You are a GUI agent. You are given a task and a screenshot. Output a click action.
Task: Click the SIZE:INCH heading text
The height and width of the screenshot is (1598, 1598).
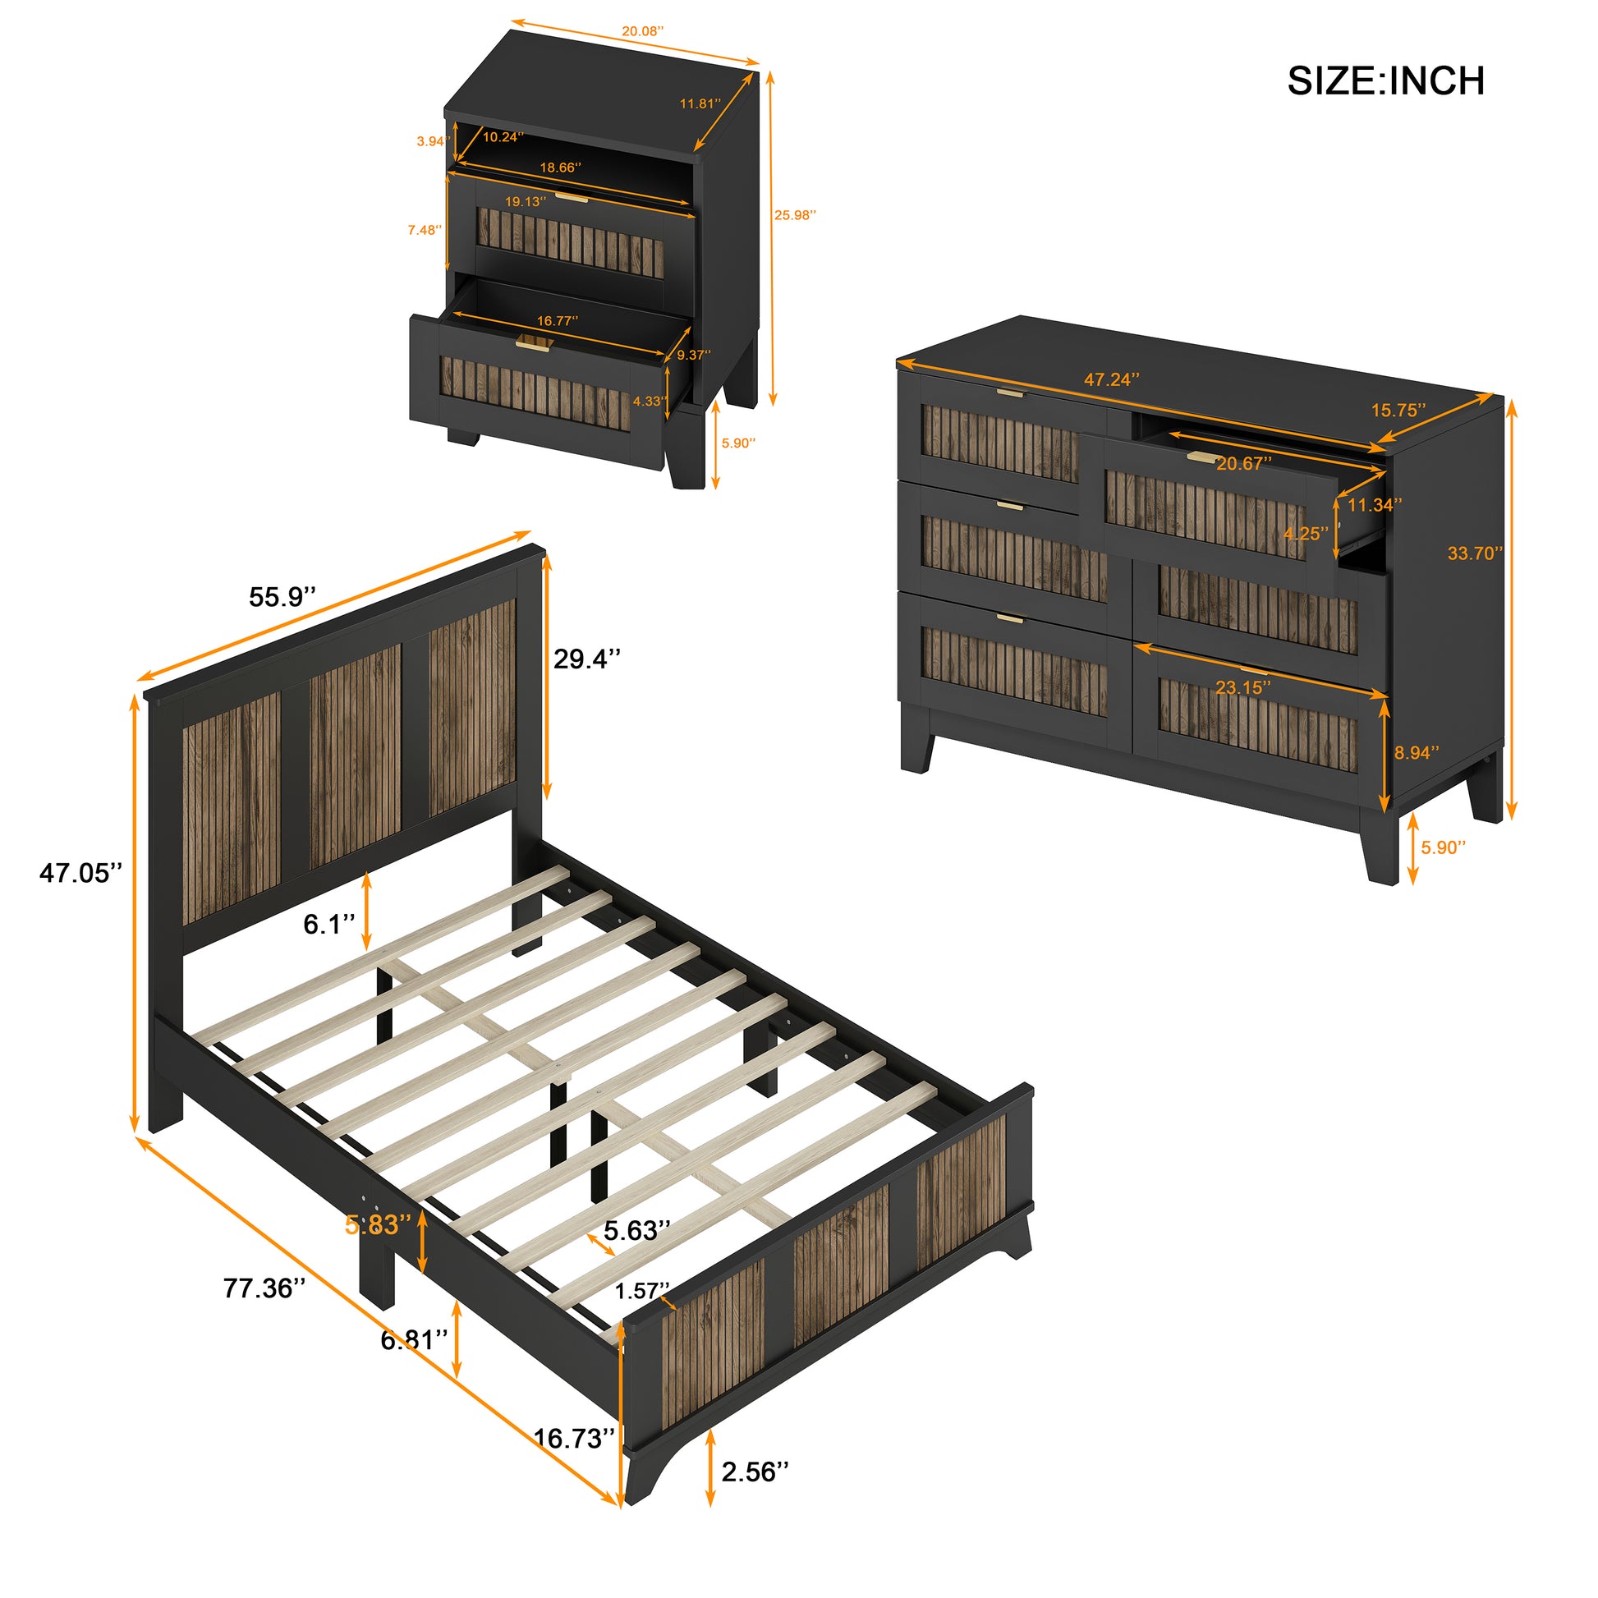[1385, 81]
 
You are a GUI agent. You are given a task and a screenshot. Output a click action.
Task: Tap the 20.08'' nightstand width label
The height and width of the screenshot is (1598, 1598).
[642, 31]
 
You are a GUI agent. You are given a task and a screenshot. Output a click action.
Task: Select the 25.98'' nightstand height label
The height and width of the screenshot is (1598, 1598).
[795, 215]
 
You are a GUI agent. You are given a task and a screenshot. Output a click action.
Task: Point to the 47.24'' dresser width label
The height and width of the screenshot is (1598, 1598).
[1112, 379]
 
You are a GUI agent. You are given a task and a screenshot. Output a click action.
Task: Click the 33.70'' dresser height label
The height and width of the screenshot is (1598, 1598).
[1475, 553]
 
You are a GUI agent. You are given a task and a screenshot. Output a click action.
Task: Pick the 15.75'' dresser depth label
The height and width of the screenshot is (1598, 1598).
[1398, 411]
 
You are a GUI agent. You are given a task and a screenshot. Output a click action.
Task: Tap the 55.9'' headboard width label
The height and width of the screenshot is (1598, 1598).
[282, 597]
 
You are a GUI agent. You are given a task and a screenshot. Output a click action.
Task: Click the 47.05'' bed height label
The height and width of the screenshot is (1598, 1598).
[80, 873]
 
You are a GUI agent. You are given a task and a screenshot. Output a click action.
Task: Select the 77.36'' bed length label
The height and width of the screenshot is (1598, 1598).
[264, 1288]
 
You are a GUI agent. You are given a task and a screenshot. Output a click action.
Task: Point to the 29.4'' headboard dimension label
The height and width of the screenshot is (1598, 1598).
[586, 659]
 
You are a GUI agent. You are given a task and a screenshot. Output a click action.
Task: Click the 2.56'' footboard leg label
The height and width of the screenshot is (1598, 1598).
[755, 1472]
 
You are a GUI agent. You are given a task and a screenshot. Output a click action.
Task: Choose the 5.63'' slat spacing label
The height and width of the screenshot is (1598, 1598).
[636, 1232]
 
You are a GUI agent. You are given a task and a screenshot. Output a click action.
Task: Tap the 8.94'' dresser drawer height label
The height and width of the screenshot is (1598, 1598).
[1416, 753]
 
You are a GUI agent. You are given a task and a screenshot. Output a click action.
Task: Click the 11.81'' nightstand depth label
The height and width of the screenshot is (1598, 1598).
[700, 103]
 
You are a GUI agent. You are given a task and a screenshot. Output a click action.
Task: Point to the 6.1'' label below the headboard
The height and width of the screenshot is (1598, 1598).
[328, 925]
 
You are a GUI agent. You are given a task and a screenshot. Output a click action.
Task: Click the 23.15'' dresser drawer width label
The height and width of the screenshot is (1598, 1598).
[1242, 687]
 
